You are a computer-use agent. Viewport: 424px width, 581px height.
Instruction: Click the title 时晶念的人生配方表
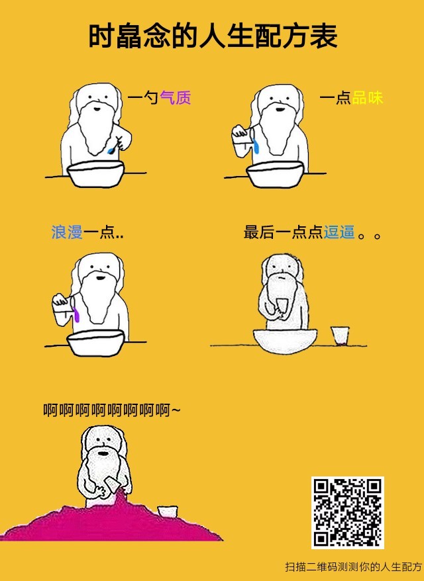coord(213,36)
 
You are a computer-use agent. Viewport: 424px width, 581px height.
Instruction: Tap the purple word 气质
coord(176,98)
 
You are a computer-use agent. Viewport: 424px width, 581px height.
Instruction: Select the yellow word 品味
coord(367,98)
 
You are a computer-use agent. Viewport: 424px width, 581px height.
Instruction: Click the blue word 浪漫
coord(67,232)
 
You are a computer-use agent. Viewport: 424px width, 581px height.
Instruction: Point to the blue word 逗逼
coord(339,232)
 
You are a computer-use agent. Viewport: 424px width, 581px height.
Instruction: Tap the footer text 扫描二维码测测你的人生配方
coord(354,567)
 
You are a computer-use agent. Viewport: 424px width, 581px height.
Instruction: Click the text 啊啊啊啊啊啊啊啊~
coord(112,410)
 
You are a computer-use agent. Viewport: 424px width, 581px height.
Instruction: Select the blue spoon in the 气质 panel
coord(115,146)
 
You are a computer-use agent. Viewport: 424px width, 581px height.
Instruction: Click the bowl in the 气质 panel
coord(95,173)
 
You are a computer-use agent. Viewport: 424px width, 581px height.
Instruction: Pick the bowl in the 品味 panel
coord(275,174)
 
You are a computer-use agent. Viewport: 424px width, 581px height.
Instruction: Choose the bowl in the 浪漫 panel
coord(95,343)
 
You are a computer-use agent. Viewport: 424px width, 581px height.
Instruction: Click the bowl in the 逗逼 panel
coord(286,340)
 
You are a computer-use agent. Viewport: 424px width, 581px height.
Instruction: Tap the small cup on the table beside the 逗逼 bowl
coord(340,335)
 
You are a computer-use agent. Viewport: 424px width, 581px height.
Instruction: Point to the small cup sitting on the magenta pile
coord(168,512)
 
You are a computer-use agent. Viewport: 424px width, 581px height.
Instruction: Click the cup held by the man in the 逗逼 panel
coord(282,306)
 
